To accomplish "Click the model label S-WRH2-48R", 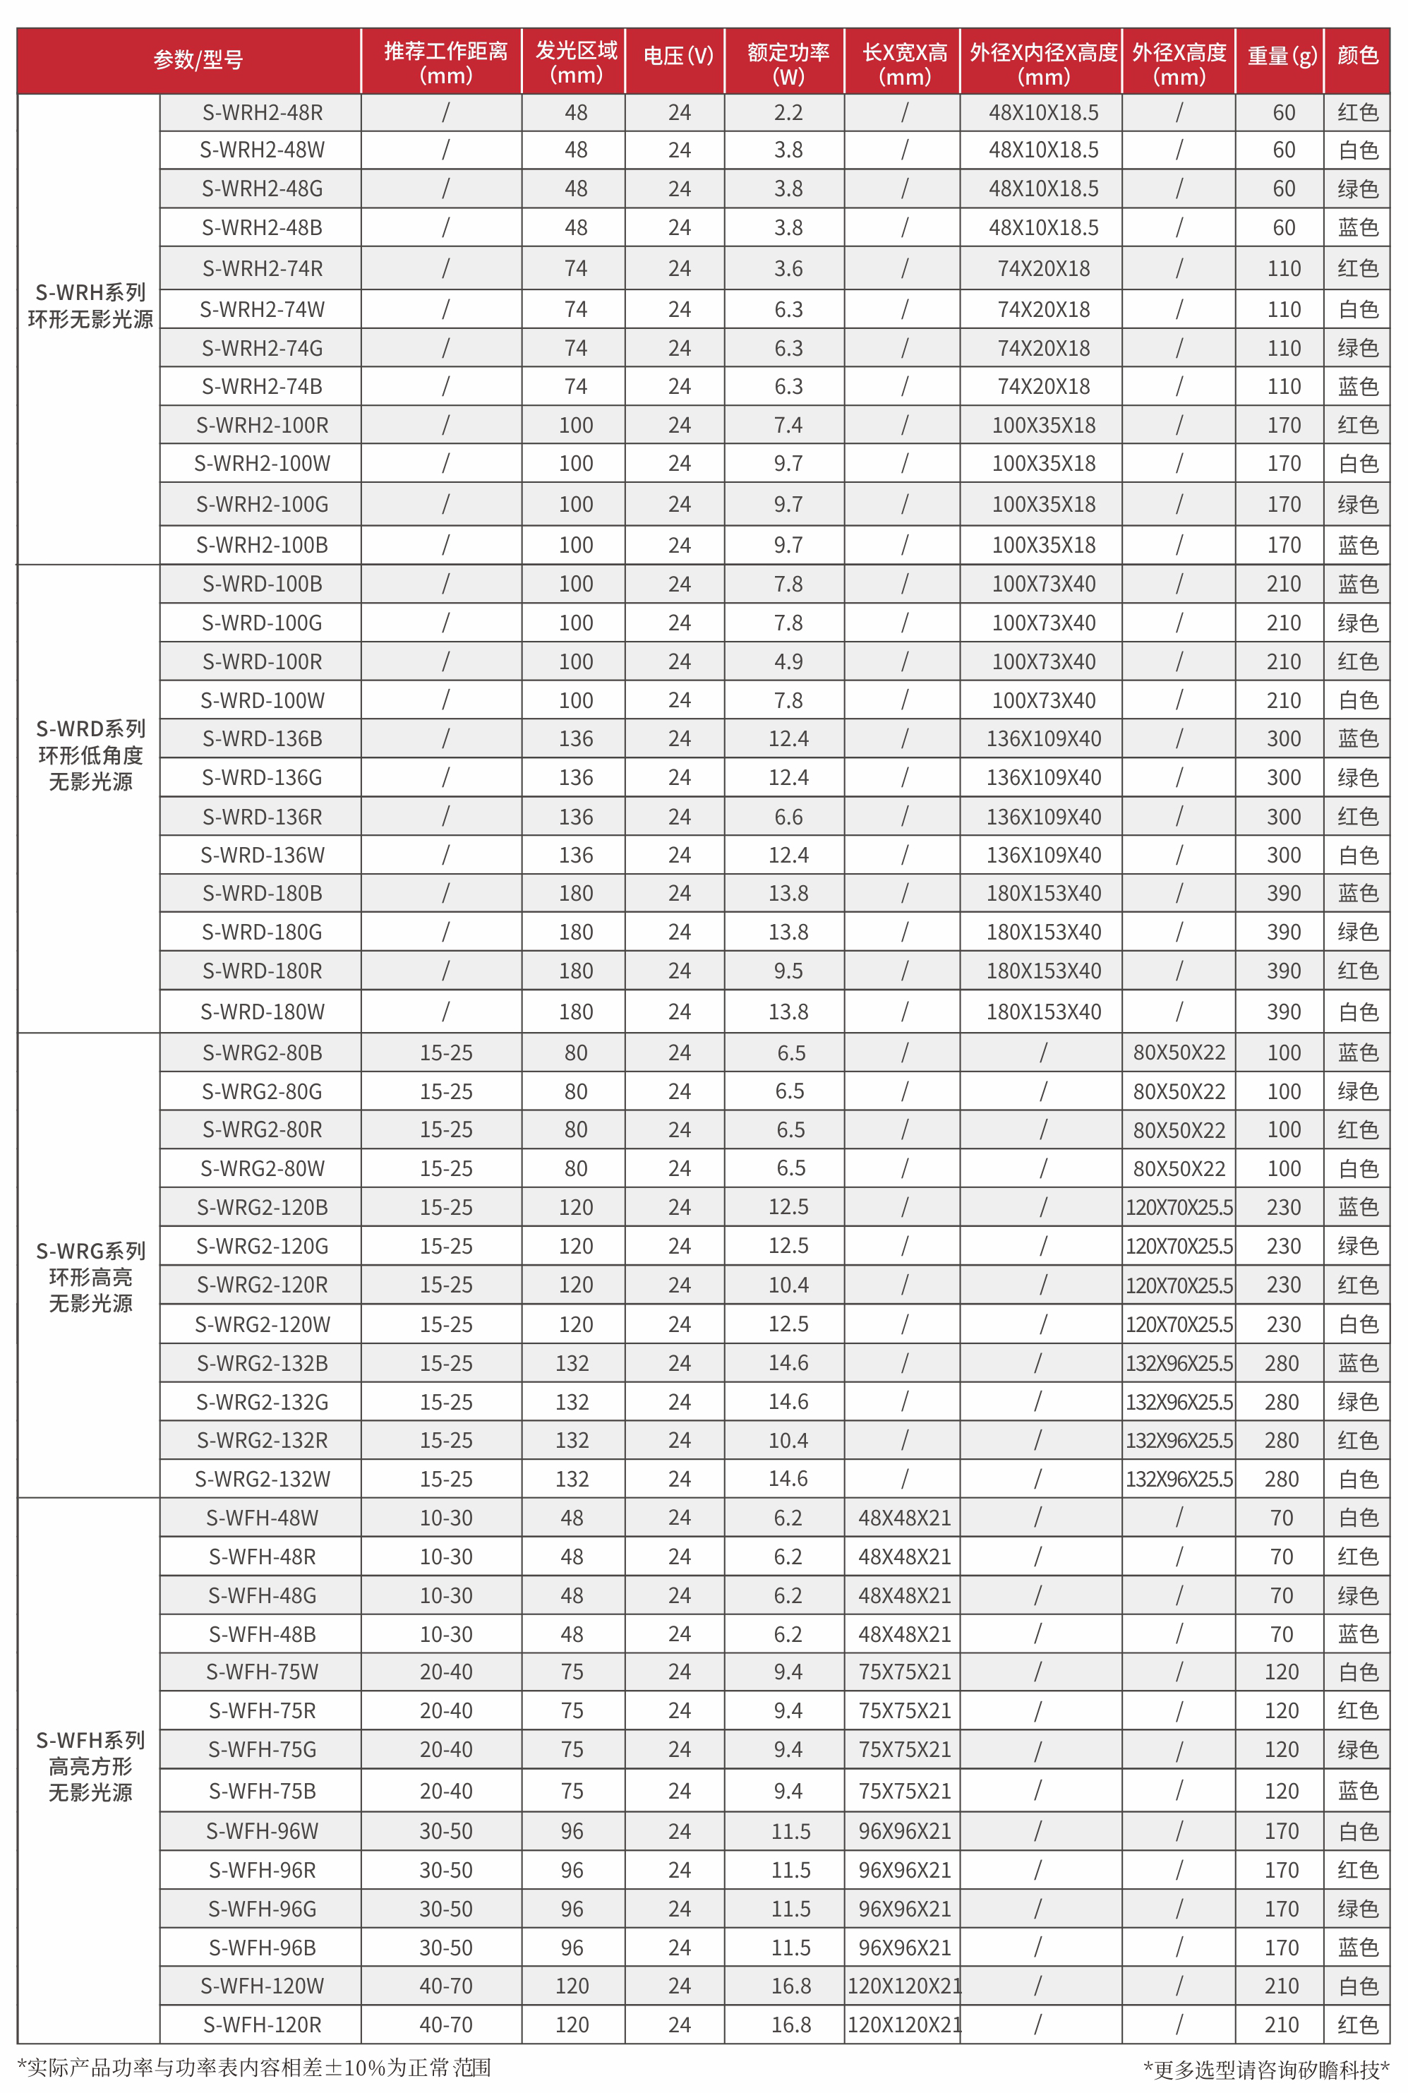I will coord(263,113).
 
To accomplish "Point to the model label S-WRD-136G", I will coord(263,778).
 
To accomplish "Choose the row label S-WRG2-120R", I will coord(263,1285).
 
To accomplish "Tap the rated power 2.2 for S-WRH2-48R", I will coord(788,113).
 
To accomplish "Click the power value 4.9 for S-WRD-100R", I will coord(788,661).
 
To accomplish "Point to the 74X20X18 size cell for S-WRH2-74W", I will coord(1043,310).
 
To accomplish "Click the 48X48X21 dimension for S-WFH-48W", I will coord(903,1518).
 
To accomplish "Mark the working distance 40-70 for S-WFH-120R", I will coord(445,2024).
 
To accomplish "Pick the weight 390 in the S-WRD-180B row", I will coord(1283,894).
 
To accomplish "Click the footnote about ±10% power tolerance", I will coord(254,2067).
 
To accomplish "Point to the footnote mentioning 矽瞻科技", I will coord(1265,2069).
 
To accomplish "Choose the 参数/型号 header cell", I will coord(198,60).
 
